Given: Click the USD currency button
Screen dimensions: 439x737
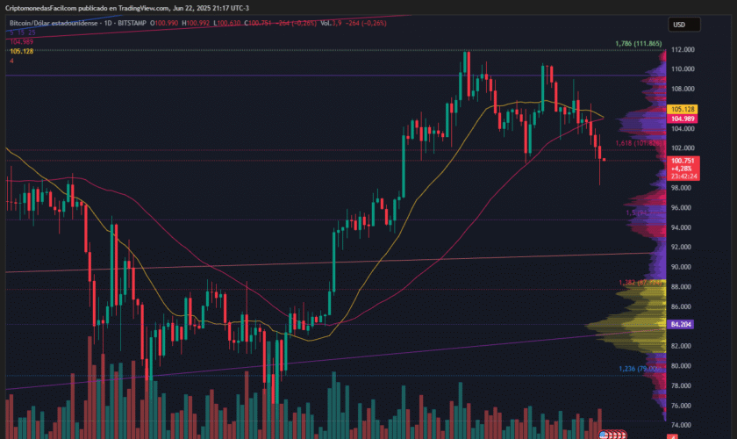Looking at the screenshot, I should click(678, 25).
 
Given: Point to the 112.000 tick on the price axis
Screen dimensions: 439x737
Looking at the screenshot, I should click(683, 49).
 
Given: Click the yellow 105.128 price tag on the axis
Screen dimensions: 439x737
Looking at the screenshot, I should click(683, 109).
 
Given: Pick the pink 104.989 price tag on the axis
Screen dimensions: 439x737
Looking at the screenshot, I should click(683, 118).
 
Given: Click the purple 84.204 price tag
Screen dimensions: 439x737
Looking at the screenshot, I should click(683, 324).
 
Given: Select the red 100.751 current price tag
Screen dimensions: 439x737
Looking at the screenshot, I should click(683, 161).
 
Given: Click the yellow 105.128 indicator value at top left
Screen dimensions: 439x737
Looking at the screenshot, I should click(21, 51).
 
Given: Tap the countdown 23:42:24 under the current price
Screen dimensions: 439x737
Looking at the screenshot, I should click(683, 176).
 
